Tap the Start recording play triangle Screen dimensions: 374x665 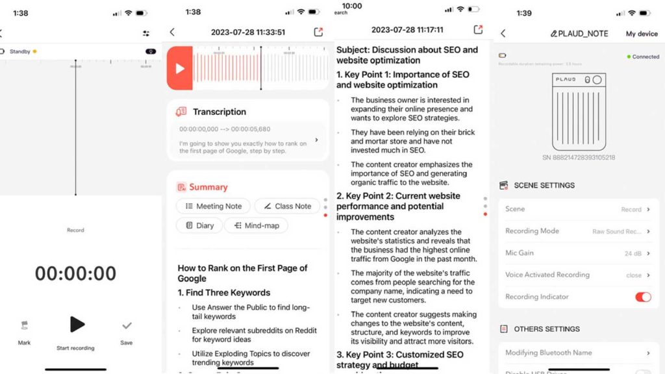77,325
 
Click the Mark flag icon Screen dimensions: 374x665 25,326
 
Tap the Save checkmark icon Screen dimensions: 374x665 127,326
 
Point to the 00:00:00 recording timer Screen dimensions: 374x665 76,273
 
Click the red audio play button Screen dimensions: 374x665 180,68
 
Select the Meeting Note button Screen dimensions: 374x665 213,206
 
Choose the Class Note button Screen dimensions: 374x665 286,206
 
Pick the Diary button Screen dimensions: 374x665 199,225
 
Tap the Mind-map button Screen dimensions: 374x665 256,225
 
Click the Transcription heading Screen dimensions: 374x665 219,112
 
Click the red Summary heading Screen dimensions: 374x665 208,187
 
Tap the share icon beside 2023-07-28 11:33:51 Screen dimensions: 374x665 318,32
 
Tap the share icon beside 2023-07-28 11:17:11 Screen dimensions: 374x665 478,29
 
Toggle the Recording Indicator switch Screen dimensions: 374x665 642,297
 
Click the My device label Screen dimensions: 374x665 642,34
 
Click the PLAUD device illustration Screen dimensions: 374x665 579,112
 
